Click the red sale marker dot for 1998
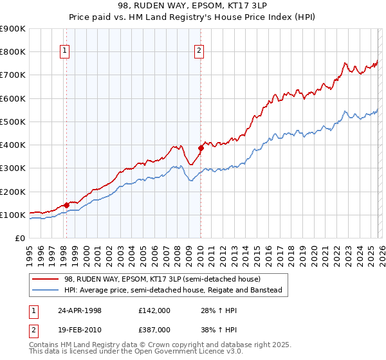point(66,205)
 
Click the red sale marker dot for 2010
point(200,148)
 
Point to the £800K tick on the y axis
point(13,52)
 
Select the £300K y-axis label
point(13,168)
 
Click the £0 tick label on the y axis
point(19,238)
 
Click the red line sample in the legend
point(46,280)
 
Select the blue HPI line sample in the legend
point(46,291)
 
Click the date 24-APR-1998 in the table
point(80,310)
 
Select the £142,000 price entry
point(154,310)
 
